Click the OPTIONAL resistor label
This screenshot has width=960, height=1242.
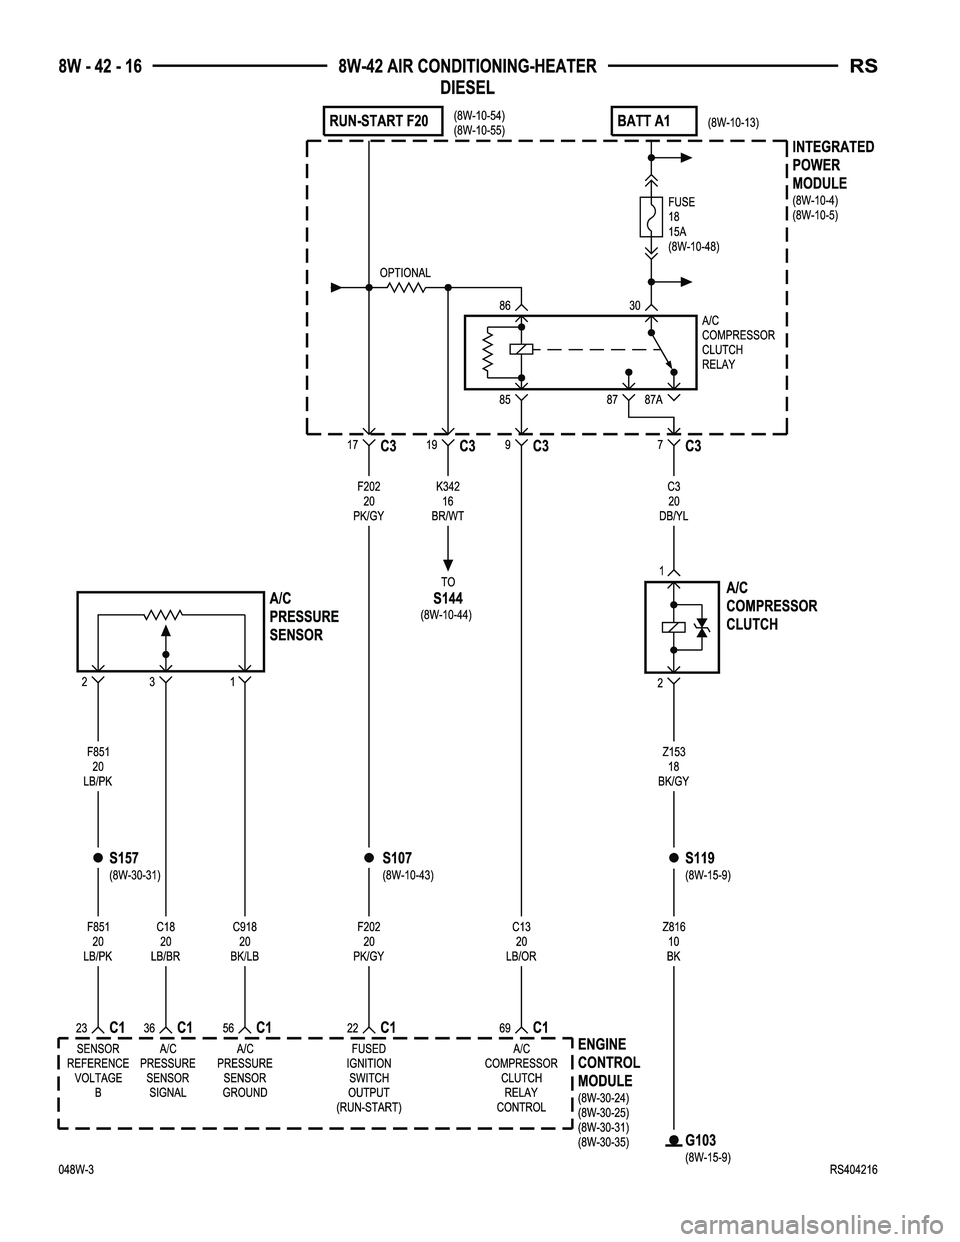405,273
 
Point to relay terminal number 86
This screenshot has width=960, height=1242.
505,305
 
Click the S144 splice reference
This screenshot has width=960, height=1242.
447,598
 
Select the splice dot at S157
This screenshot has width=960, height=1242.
99,858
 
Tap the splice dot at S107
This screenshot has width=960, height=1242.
369,858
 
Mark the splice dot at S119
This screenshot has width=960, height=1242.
674,858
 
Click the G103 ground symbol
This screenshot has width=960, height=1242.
674,1141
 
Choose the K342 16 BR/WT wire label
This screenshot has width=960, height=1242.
447,500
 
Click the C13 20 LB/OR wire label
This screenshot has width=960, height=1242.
521,942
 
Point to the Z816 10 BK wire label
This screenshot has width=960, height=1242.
673,942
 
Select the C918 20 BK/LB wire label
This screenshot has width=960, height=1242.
245,942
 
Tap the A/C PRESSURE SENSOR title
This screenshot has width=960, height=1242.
304,616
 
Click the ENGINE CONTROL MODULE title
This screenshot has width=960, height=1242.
608,1063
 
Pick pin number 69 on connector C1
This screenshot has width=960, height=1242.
505,1028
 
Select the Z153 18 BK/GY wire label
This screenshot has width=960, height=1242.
673,766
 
